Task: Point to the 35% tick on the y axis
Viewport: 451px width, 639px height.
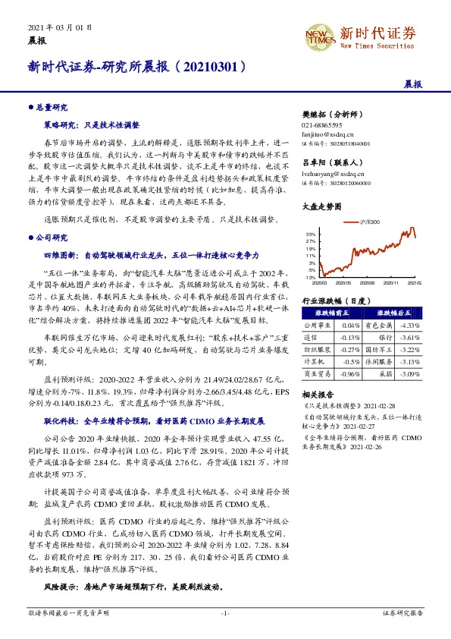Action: pyautogui.click(x=311, y=235)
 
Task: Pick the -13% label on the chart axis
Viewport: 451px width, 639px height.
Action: pyautogui.click(x=310, y=275)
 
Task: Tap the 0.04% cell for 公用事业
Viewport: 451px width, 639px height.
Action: pyautogui.click(x=350, y=324)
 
